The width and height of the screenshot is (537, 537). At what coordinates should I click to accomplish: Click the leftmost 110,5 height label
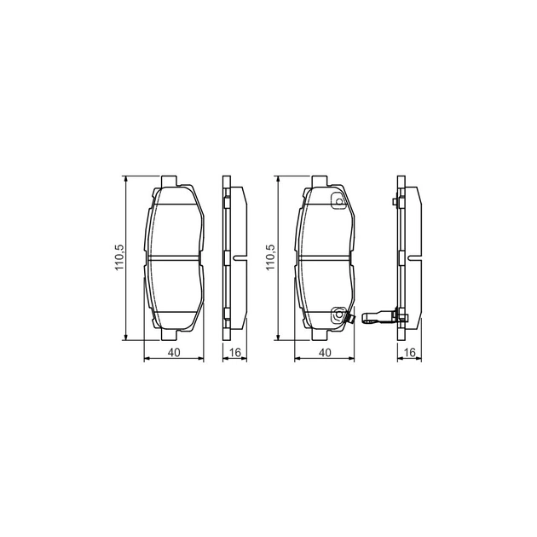pyautogui.click(x=119, y=257)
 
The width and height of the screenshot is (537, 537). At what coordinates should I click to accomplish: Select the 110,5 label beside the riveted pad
pyautogui.click(x=270, y=257)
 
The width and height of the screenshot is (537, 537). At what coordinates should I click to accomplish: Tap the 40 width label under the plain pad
pyautogui.click(x=174, y=352)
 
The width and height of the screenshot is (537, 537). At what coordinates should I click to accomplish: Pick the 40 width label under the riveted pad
pyautogui.click(x=325, y=352)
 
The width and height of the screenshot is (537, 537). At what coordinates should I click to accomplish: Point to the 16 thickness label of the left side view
pyautogui.click(x=235, y=352)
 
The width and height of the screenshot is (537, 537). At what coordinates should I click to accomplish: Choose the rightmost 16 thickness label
pyautogui.click(x=410, y=352)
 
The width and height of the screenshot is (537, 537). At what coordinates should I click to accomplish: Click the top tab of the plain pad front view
pyautogui.click(x=169, y=182)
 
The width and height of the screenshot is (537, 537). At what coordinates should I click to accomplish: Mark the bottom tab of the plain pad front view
pyautogui.click(x=169, y=335)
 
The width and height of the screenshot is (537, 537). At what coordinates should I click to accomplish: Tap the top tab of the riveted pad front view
pyautogui.click(x=320, y=182)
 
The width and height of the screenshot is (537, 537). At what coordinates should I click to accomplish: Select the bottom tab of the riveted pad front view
pyautogui.click(x=320, y=335)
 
